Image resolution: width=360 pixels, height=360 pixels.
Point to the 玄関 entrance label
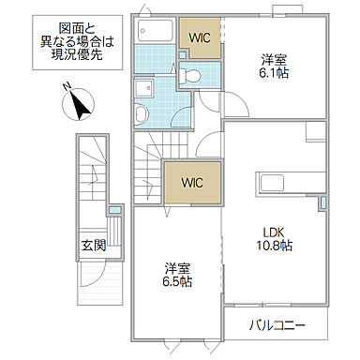tap(91, 247)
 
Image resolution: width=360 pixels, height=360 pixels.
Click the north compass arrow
tap(77, 103)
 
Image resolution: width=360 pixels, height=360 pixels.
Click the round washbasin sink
tap(142, 113)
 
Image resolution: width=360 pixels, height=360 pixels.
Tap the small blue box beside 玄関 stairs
tap(114, 211)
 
